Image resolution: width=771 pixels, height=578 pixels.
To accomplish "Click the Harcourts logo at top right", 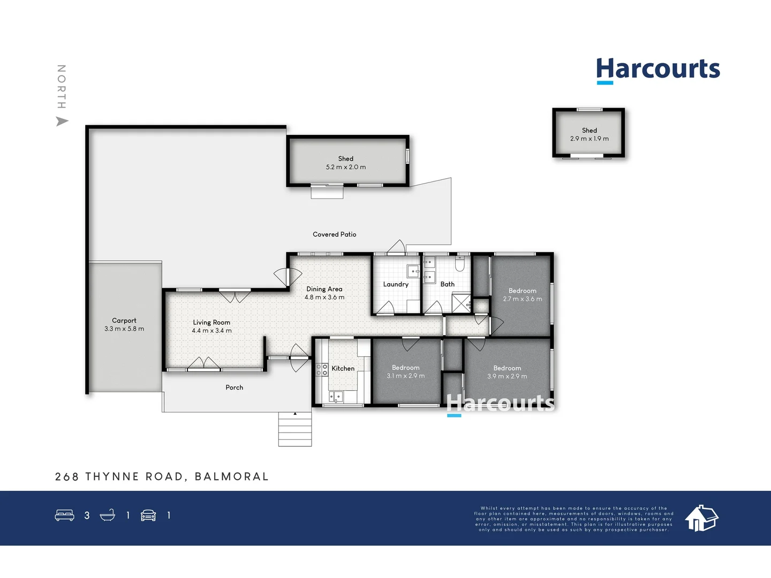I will pos(658,70).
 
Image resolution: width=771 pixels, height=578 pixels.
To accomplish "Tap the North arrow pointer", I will pos(62,121).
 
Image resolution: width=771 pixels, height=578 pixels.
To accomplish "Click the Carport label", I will pos(124,321).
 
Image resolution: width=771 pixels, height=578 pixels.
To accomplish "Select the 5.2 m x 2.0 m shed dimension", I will pos(346,167).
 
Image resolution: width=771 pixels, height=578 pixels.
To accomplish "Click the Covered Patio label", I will pos(334,234).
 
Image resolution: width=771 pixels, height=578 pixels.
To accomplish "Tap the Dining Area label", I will pos(324,289).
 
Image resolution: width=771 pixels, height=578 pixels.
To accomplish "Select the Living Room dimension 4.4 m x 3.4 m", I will pos(211,331).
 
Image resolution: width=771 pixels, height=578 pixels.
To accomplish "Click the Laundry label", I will pos(396,284).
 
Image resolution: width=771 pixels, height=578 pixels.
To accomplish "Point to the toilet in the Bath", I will pos(459,264).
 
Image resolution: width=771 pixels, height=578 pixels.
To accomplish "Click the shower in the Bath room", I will pos(460,303).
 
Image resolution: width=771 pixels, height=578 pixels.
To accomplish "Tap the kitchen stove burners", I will pos(322,369).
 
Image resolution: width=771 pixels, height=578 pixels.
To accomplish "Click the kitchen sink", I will pos(335,397).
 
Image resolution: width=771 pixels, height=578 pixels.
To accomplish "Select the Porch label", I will pos(234,387).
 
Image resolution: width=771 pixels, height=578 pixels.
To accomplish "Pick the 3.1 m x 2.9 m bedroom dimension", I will pos(405,376).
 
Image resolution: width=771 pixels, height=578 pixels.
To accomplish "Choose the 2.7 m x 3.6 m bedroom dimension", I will pos(522,299).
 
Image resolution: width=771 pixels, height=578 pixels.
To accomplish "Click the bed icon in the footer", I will pos(65,515).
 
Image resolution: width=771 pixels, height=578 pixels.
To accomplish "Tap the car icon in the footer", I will pos(148,515).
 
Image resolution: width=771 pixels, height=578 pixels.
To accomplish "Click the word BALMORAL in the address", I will pos(231,476).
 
